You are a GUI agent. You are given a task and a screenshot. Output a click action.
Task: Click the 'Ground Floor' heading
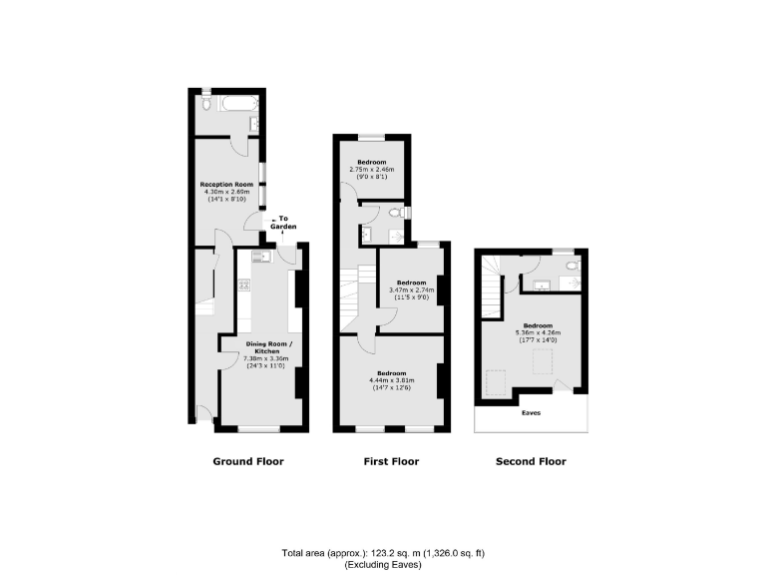(x=247, y=461)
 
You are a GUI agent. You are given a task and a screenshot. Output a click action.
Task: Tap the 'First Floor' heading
(x=390, y=461)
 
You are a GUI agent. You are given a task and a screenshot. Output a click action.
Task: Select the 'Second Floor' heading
(x=531, y=461)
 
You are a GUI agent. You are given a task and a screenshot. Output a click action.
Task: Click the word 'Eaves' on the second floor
(x=532, y=411)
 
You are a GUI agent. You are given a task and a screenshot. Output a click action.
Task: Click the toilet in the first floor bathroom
(x=396, y=213)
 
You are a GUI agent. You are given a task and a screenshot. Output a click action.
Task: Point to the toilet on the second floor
(x=571, y=267)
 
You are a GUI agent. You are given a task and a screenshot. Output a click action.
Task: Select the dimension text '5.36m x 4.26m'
(x=538, y=332)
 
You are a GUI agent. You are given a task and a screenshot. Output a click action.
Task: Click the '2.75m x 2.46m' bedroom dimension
(x=372, y=170)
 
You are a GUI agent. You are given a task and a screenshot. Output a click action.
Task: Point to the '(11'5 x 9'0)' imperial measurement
(x=410, y=296)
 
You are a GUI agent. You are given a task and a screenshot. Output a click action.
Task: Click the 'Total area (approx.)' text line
(x=383, y=553)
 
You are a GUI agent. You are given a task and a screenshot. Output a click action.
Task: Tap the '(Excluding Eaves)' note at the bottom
(x=383, y=565)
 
